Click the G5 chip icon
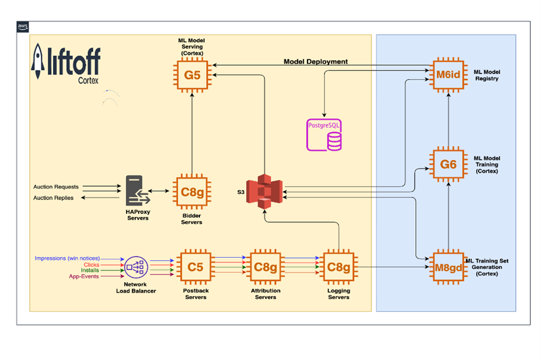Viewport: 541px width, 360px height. coord(192,75)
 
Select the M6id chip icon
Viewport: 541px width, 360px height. coord(448,75)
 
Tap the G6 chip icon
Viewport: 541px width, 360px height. coord(448,164)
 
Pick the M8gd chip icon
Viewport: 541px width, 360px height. coord(448,266)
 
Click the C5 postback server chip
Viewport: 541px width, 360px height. coord(195,266)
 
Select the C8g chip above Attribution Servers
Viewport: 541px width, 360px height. coord(266,266)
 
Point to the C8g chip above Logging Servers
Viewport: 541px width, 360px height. coord(339,266)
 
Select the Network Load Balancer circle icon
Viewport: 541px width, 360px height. coord(136,266)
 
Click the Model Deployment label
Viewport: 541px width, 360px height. coord(315,61)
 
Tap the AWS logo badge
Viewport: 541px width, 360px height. coord(22,27)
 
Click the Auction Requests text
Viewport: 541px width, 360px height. coord(56,187)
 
